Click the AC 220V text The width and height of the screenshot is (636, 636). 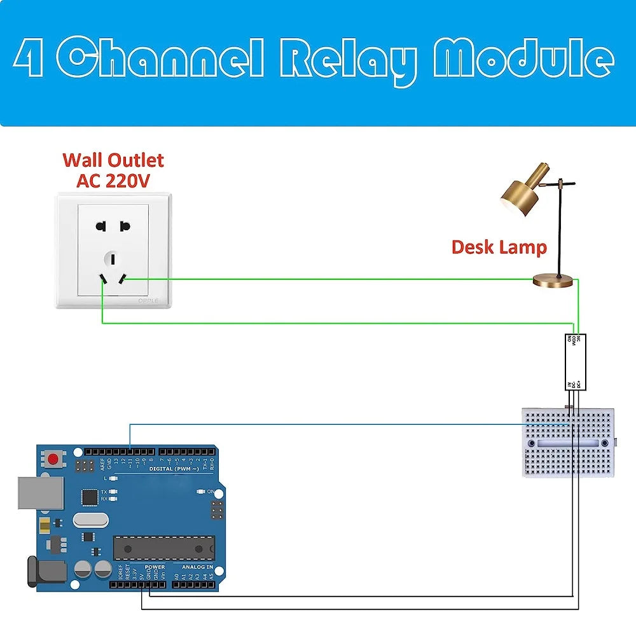point(113,181)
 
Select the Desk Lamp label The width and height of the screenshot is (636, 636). point(499,247)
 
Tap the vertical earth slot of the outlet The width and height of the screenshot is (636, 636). point(113,258)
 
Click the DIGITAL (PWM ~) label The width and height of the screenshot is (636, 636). point(174,469)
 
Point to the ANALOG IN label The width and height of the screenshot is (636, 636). point(197,567)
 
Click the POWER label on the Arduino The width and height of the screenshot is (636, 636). point(155,567)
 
